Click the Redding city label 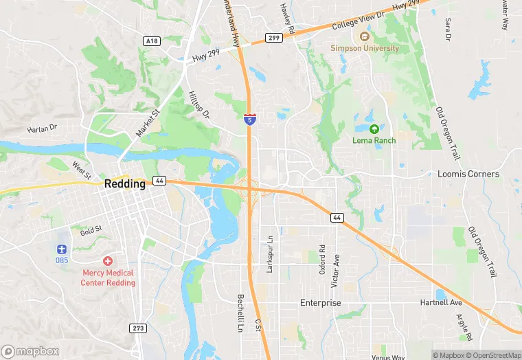[125, 184]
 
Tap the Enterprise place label [320, 303]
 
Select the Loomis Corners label [468, 174]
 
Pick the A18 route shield [152, 41]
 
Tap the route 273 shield [138, 328]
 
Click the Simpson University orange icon [364, 36]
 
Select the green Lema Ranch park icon [374, 128]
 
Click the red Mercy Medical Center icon [108, 261]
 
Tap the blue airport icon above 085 [63, 248]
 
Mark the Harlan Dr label [43, 128]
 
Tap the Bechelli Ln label [240, 313]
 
